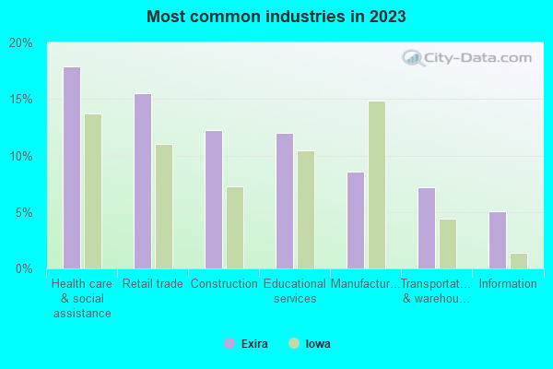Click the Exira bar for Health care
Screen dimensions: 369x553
pos(71,168)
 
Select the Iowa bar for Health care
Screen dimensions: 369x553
pos(93,191)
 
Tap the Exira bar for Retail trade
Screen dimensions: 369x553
pos(142,181)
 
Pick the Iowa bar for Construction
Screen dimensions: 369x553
pos(235,228)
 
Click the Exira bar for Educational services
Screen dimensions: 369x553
pos(284,201)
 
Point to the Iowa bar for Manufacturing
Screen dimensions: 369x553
pos(377,184)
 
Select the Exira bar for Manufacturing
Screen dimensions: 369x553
pos(355,220)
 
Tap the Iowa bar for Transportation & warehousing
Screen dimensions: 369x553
pos(448,244)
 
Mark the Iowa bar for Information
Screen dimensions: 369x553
pos(519,261)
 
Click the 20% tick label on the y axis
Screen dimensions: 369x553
pos(21,42)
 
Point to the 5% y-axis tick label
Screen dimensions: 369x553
pos(24,212)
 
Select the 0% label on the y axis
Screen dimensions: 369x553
pos(24,268)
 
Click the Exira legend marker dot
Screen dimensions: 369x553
pos(229,343)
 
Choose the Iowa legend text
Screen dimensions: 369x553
pos(318,344)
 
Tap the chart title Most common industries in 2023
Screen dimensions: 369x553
pos(276,17)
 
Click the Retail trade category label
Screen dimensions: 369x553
pos(152,284)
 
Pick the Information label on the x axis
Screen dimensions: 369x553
pos(508,284)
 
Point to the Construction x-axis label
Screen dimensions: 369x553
pos(224,284)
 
